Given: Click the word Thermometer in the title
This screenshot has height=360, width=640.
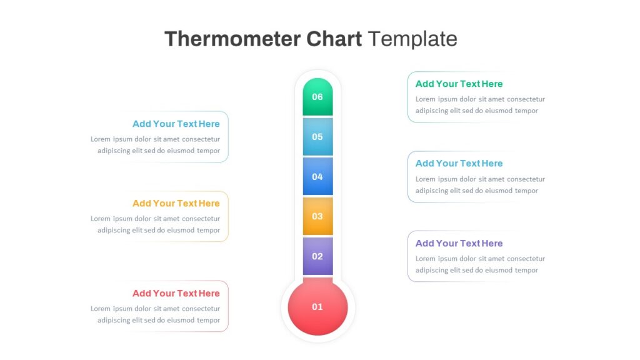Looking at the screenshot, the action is (x=232, y=39).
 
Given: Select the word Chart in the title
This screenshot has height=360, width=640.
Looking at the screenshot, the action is (x=334, y=39).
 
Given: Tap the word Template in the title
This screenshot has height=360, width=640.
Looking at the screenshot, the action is (x=412, y=39).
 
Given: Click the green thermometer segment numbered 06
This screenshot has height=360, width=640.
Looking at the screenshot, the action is (x=317, y=97).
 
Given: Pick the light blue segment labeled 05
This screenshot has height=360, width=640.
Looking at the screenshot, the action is (x=317, y=137).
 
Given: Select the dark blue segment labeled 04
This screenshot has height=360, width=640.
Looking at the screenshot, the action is (x=317, y=176).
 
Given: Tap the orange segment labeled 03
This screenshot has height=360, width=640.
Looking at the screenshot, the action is (x=317, y=216).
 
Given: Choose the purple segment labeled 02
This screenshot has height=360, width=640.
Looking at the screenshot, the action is (x=317, y=256).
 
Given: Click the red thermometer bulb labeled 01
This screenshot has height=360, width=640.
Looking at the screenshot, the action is (x=317, y=307).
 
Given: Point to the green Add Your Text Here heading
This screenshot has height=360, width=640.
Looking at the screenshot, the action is (x=459, y=84).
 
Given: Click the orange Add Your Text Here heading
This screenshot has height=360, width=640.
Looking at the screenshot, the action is (x=176, y=203).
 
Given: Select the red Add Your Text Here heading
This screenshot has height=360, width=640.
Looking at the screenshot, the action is (x=176, y=293).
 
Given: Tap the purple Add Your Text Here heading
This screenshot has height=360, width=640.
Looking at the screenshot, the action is (x=459, y=243).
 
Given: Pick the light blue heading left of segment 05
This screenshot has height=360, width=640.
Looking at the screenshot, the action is (x=176, y=124).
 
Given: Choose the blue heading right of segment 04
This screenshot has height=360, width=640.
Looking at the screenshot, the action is (x=459, y=163).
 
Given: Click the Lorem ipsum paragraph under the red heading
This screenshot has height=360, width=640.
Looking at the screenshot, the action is (x=155, y=314).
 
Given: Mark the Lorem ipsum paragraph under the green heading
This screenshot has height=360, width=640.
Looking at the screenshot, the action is (x=480, y=105).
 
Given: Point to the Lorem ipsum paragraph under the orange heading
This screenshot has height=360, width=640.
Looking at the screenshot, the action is (x=155, y=224).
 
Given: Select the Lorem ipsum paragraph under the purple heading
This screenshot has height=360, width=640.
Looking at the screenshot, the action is (x=480, y=264).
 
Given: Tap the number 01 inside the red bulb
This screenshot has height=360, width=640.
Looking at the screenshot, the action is (x=317, y=307).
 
